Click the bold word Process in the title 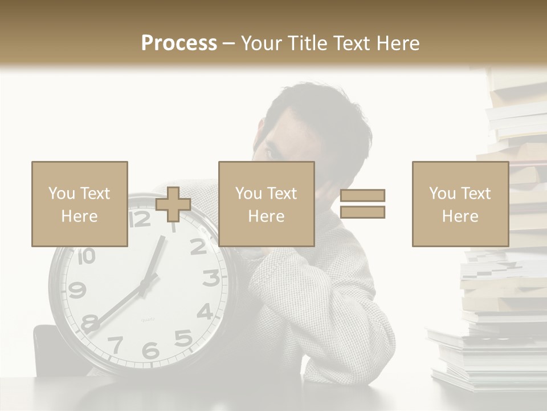pyautogui.click(x=179, y=43)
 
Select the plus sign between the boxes pyautogui.click(x=173, y=204)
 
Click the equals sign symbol pyautogui.click(x=362, y=204)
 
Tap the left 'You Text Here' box pyautogui.click(x=80, y=204)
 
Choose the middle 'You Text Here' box pyautogui.click(x=267, y=204)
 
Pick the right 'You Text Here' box pyautogui.click(x=460, y=204)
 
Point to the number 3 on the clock pyautogui.click(x=211, y=278)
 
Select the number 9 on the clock pyautogui.click(x=77, y=291)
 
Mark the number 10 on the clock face pyautogui.click(x=85, y=256)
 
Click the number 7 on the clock pyautogui.click(x=116, y=344)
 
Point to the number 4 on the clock pyautogui.click(x=205, y=311)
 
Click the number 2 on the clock pyautogui.click(x=198, y=247)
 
